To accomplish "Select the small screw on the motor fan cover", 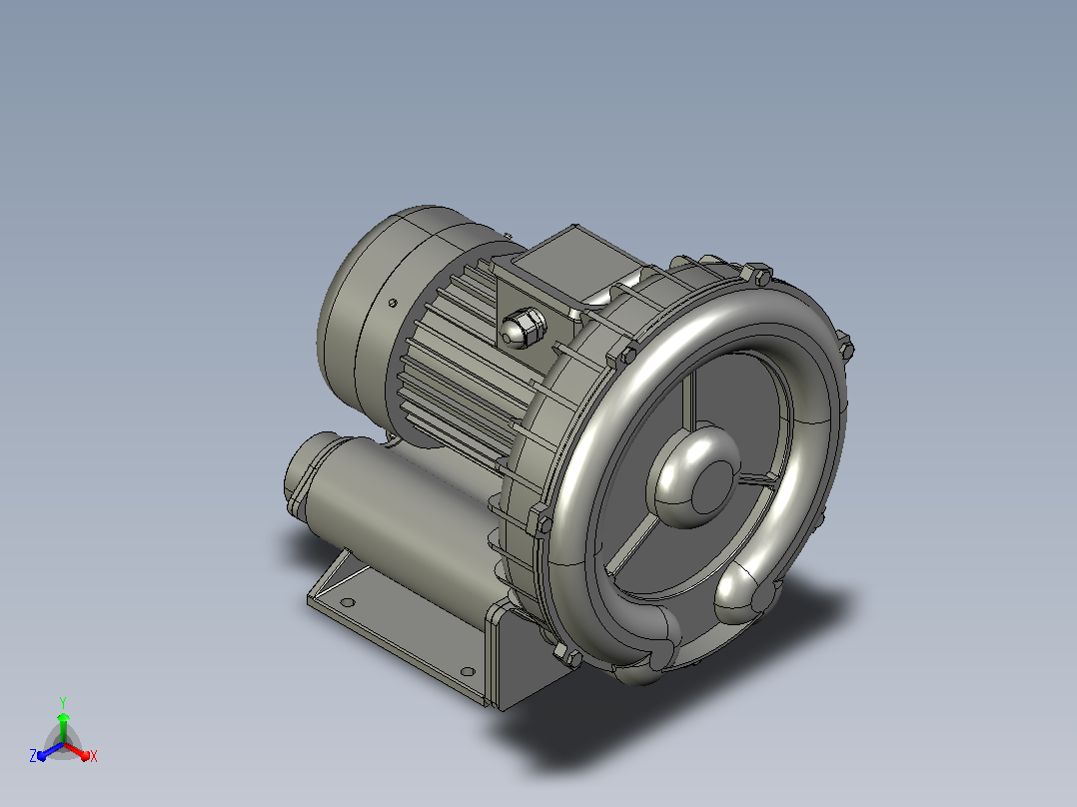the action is pos(393,303).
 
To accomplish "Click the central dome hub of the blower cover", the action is pos(693,476).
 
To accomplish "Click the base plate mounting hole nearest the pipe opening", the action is pos(348,603).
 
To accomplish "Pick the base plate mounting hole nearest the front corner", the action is pos(468,671).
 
